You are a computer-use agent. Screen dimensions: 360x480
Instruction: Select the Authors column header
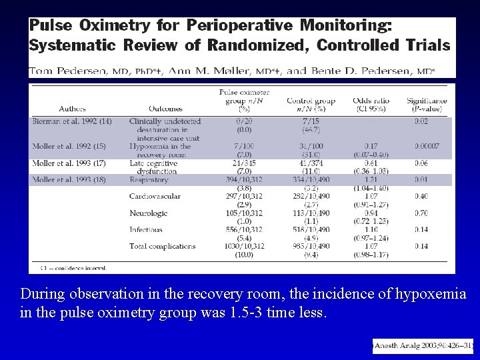(x=72, y=109)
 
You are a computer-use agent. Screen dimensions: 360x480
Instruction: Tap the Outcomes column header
(x=166, y=109)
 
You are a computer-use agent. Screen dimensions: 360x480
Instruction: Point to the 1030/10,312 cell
(x=244, y=246)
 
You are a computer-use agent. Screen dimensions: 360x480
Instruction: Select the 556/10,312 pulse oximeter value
(x=244, y=229)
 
